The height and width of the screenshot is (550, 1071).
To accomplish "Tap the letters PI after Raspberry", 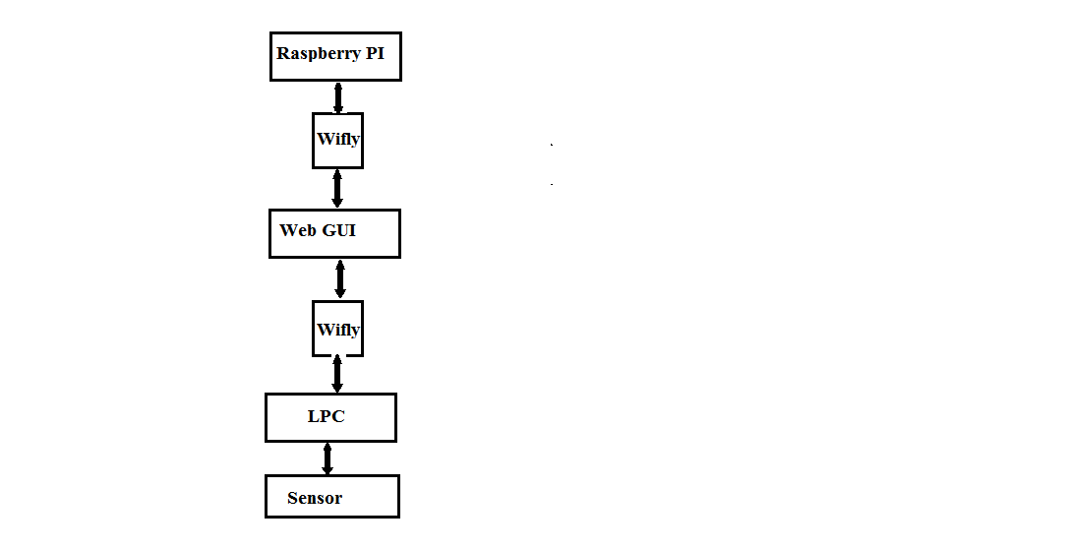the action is pos(375,53).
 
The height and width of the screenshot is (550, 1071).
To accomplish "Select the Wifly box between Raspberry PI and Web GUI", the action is pos(337,141).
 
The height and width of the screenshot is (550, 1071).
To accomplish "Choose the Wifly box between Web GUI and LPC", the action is pos(337,329).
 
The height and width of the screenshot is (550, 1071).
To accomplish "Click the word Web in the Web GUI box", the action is pos(297,230).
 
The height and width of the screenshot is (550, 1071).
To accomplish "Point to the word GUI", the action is pos(338,230).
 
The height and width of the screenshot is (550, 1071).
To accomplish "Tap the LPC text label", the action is pos(326,416).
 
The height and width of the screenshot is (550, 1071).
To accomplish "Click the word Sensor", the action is pos(314,498).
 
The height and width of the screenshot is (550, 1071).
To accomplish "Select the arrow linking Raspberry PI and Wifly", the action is pos(337,97).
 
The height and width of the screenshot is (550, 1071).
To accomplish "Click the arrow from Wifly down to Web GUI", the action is pos(336,189).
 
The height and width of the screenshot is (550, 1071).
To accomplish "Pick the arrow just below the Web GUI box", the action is pos(339,278).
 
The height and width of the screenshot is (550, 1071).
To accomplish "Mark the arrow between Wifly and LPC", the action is pos(336,374).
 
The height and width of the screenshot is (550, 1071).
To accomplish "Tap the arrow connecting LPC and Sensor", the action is pos(327,458).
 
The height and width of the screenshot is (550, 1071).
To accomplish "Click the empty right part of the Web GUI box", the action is pos(378,233).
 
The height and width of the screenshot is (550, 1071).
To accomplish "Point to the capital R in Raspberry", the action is pos(283,53).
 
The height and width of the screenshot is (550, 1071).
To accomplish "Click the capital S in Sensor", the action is pos(292,498).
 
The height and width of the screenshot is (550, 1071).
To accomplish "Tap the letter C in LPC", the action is pos(338,416).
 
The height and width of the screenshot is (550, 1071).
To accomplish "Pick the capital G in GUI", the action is pos(328,230).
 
